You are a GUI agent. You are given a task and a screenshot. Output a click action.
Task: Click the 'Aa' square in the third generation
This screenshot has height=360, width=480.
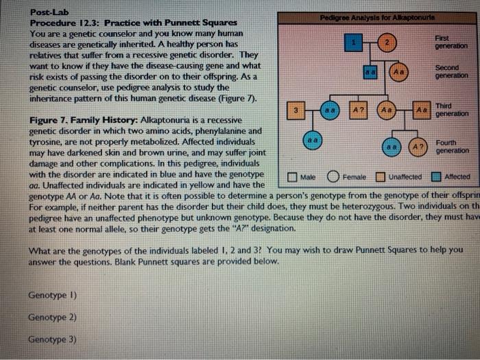pos(423,110)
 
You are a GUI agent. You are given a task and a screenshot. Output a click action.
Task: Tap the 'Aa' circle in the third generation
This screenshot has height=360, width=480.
pos(387,110)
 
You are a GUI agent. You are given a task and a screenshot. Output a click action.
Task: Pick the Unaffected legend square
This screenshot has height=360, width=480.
pos(381,177)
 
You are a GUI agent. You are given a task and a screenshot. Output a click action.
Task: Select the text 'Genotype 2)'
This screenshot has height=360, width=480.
pos(52,317)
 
